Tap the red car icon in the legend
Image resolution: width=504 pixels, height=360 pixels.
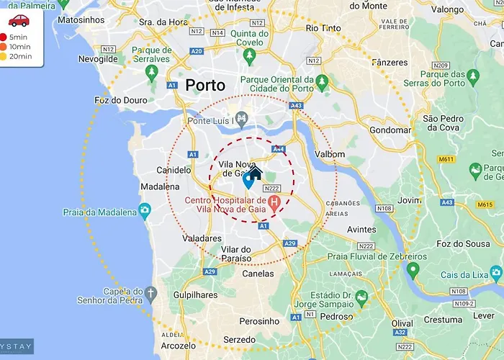(x=19, y=20)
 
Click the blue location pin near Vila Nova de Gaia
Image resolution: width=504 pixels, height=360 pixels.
(x=249, y=179)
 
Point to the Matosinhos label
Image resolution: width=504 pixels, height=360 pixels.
(x=81, y=20)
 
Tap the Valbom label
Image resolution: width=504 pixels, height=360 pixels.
(x=330, y=153)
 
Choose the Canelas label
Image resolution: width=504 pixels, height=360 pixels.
(x=257, y=274)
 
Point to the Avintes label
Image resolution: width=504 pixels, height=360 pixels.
(x=361, y=230)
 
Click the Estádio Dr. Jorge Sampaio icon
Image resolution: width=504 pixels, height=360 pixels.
(x=361, y=296)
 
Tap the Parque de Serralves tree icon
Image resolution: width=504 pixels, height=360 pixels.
(x=151, y=72)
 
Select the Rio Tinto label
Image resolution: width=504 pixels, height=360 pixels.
(x=323, y=28)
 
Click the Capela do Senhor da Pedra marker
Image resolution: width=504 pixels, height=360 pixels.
(x=150, y=293)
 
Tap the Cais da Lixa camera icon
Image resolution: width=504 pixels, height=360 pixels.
(x=496, y=273)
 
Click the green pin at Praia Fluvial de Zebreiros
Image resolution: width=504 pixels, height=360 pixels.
(x=413, y=270)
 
